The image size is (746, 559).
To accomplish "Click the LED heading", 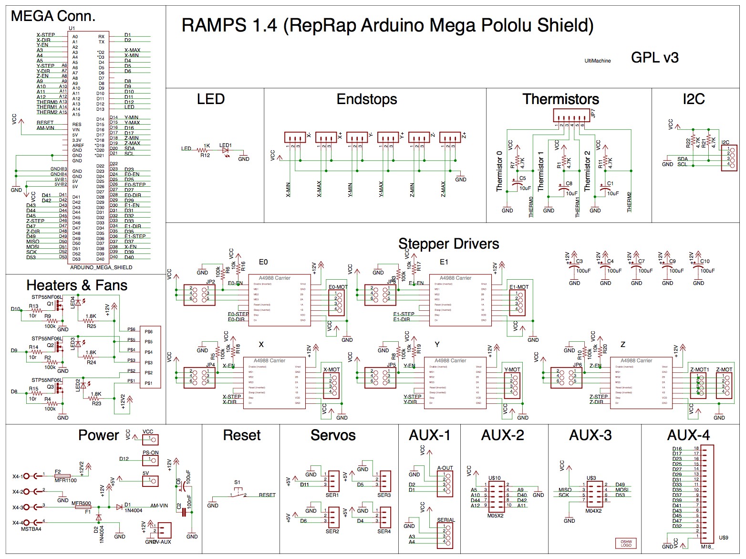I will [x=210, y=99].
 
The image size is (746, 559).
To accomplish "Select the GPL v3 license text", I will [x=654, y=58].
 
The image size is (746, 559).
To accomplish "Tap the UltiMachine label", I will [x=598, y=61].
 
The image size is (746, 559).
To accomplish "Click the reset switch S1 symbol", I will [x=238, y=492].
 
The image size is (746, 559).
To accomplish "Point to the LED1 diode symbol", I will [x=225, y=150].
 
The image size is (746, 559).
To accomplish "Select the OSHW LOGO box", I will [x=626, y=543].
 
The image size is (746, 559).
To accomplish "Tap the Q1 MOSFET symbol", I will [x=58, y=307].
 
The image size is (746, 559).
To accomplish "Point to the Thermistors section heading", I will [x=560, y=99].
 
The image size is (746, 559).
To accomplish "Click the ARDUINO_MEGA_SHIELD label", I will [x=101, y=267].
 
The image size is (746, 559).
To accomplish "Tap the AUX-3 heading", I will [x=590, y=435].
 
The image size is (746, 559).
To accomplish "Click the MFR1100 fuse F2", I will [x=62, y=475].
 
